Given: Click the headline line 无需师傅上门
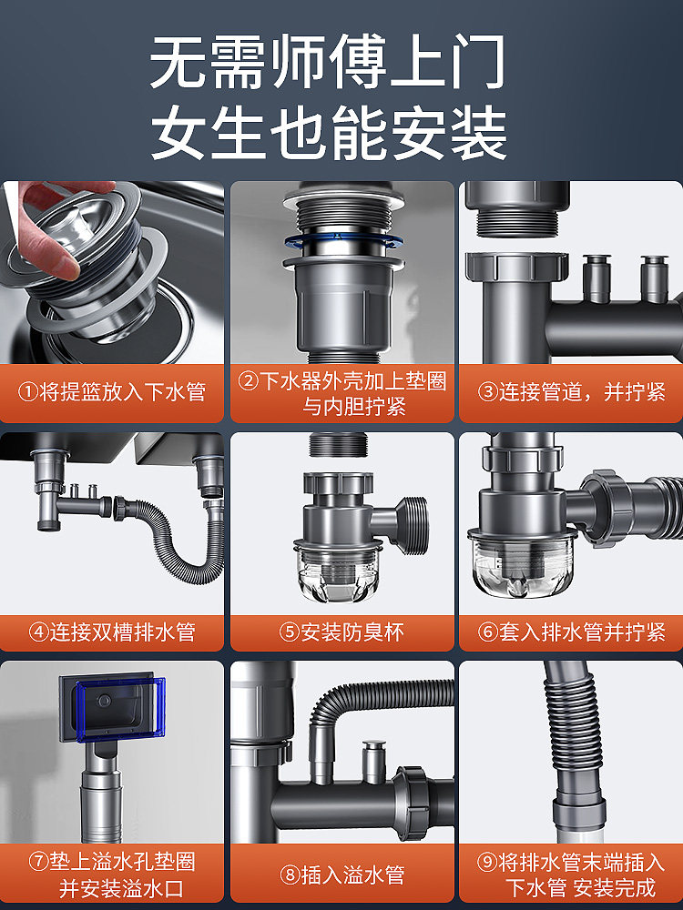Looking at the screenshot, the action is [x=328, y=62].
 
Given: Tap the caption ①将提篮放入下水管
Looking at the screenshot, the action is [x=111, y=392].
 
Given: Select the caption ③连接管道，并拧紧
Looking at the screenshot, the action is [x=572, y=392].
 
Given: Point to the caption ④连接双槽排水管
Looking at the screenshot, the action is [x=111, y=632].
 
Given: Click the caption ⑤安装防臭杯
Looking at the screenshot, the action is [x=341, y=632].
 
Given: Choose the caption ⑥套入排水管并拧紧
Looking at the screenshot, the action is [x=572, y=632].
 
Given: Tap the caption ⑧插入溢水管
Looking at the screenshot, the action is [x=341, y=875].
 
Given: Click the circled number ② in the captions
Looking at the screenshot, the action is [x=248, y=381].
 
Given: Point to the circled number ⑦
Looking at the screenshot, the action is [x=38, y=862].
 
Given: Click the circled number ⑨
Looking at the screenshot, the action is [x=486, y=862].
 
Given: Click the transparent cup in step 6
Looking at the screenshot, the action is [x=523, y=564].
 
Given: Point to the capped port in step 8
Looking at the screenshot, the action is [x=374, y=762].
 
